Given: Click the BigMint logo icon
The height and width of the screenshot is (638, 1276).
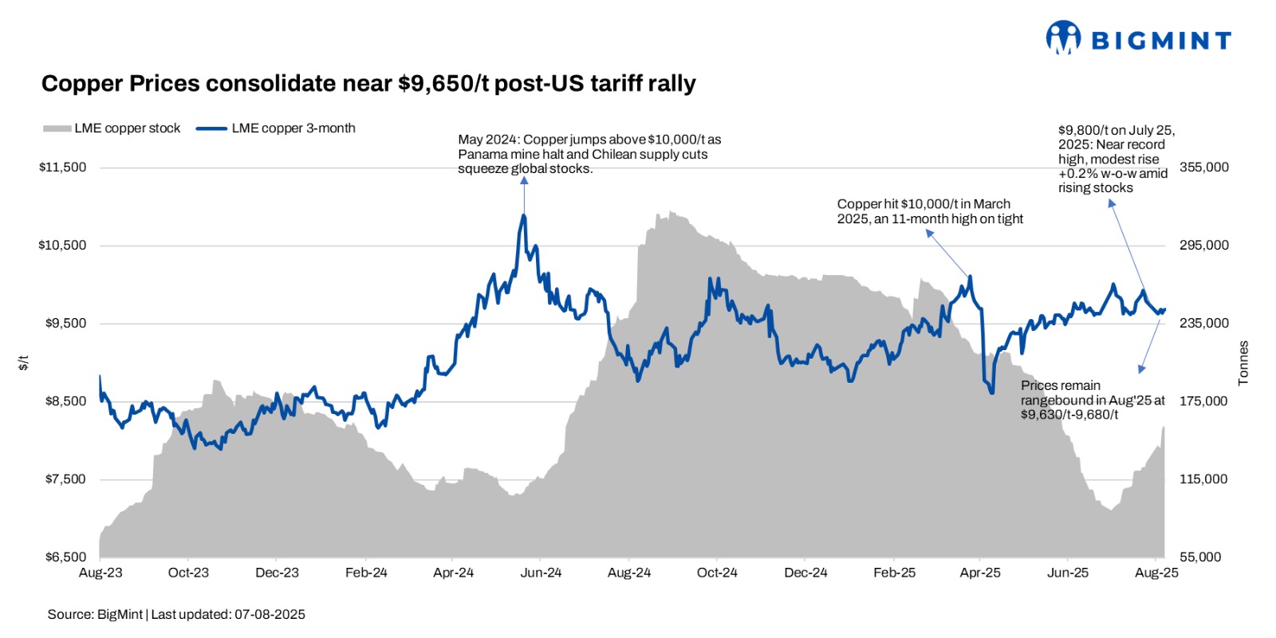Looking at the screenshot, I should (1063, 37).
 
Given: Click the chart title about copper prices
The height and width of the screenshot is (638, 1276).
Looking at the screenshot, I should (368, 84).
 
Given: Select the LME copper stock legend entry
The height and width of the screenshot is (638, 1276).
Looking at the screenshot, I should (112, 128).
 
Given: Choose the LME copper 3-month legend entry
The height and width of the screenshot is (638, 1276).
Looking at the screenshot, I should (276, 128).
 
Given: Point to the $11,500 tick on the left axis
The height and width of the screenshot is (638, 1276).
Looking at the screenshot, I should (62, 167).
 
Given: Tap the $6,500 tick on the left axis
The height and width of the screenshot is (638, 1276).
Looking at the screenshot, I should (65, 557).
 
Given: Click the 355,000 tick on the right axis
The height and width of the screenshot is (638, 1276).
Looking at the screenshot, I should (1203, 167).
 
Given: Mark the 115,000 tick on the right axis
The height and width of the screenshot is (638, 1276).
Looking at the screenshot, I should (1203, 479).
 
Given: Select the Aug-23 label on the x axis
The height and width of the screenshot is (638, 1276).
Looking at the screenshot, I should (100, 573).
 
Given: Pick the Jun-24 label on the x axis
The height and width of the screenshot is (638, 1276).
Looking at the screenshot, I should (541, 573).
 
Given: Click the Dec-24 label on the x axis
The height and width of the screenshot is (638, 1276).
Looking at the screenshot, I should (805, 573).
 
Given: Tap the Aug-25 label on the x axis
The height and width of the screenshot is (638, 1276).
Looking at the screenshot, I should (1156, 573).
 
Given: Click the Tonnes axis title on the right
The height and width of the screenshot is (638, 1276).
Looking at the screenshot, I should (1243, 363).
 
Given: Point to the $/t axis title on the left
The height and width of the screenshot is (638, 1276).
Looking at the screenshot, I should (24, 363).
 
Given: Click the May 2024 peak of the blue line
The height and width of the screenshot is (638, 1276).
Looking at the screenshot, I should (524, 215).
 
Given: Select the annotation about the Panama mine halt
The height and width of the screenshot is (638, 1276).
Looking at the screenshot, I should (589, 154).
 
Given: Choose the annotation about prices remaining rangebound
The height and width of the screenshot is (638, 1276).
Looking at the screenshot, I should (1092, 400).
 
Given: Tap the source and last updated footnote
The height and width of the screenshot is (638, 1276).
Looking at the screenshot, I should (176, 614).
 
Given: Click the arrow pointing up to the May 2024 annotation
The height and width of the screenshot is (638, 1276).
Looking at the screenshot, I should (524, 191).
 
